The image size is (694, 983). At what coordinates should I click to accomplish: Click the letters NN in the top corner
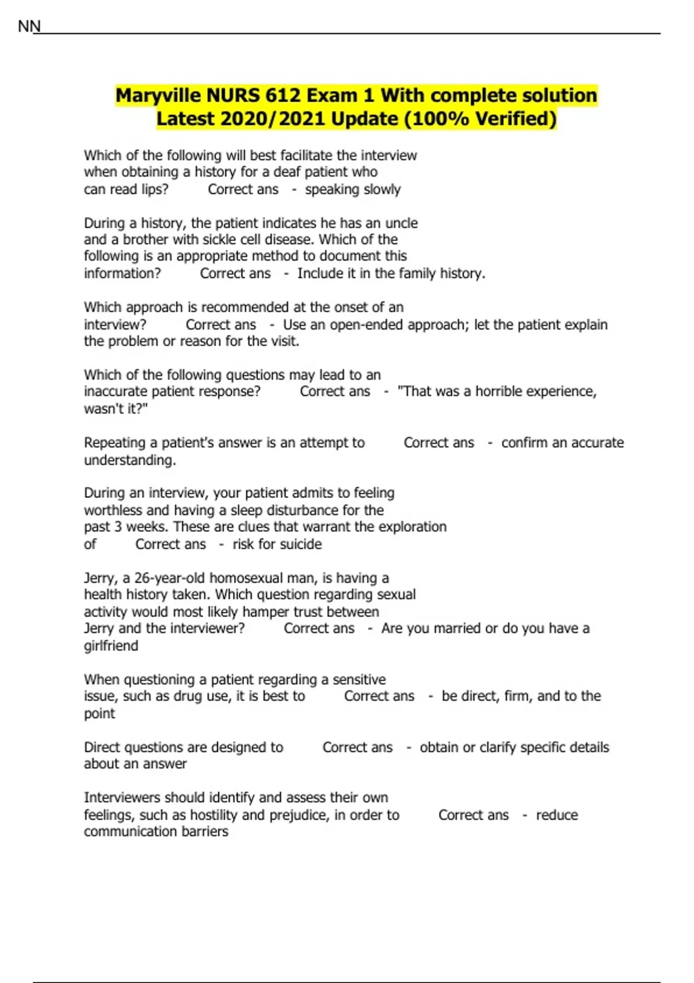[x=29, y=27]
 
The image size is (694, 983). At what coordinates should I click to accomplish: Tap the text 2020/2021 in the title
[x=274, y=119]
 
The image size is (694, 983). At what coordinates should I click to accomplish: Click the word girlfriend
[x=111, y=646]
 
